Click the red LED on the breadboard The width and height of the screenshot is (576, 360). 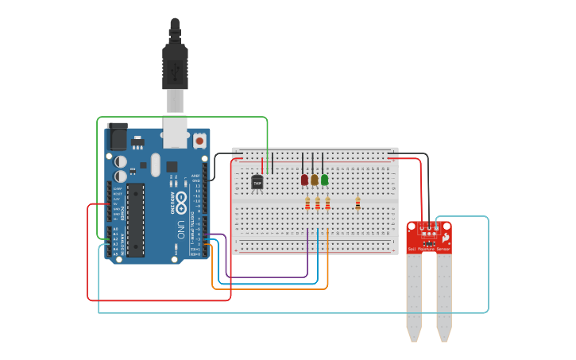coord(304,180)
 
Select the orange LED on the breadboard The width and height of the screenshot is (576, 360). coord(315,180)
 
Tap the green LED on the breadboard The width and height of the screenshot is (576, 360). coord(324,180)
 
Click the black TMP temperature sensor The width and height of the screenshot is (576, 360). coord(257,182)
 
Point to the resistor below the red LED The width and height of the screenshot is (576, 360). coord(307,205)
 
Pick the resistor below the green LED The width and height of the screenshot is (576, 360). coord(327,205)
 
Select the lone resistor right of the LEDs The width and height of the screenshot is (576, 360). coord(358,204)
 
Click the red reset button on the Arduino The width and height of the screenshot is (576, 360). coord(199,141)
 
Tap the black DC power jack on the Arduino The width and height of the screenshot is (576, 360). coord(117,136)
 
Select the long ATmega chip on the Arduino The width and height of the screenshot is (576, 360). coord(136,220)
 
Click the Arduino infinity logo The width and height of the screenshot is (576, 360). coord(180,199)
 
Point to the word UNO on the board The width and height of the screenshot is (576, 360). coord(180,230)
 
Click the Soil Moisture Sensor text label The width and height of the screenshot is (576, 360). coord(429,250)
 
